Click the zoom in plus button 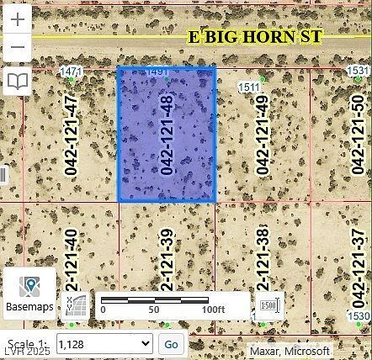point(17,21)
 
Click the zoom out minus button point(17,49)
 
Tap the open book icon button point(17,82)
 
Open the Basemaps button point(29,294)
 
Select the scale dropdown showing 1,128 point(107,343)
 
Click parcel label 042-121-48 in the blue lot point(167,135)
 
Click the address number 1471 point(72,72)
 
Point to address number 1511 point(249,87)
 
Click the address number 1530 point(359,316)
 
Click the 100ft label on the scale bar point(214,310)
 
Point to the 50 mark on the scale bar point(154,310)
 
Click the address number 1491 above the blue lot point(157,73)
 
